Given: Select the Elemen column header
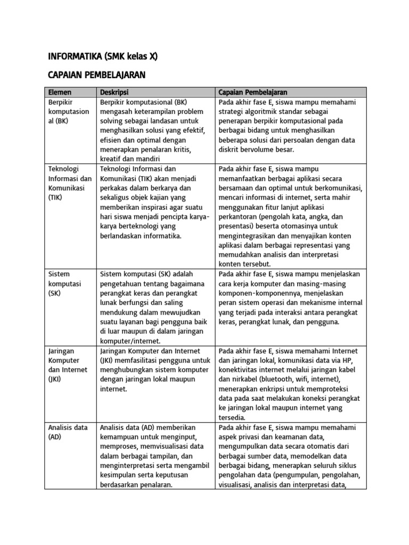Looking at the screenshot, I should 60,92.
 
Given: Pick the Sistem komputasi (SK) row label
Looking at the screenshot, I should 64,284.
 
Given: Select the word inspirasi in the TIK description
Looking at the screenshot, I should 153,207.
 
